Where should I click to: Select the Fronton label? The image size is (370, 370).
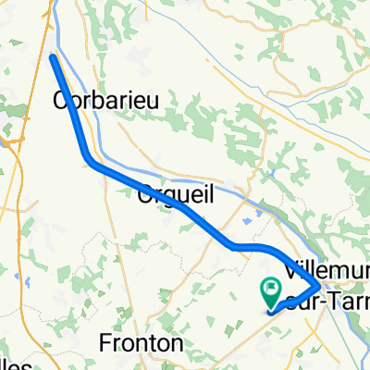click(142, 342)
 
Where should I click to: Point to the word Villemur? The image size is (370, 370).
click(329, 268)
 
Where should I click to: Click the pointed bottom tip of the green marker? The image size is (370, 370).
click(268, 309)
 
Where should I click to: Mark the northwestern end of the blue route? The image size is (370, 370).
click(52, 58)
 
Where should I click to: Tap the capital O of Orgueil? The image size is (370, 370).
click(143, 196)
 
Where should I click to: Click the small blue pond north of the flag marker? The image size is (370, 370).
click(247, 222)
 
